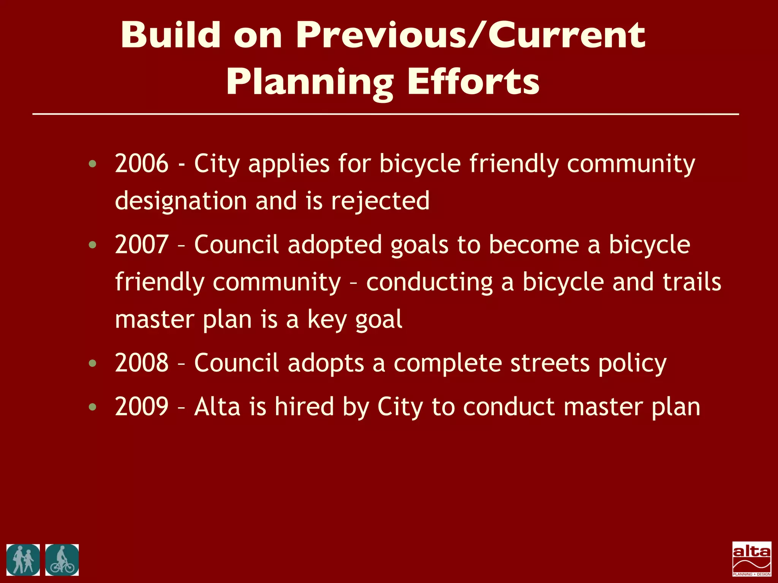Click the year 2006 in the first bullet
tap(141, 164)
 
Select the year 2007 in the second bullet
tap(141, 245)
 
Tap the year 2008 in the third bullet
tap(141, 363)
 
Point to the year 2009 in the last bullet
tap(141, 407)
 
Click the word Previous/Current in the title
tap(470, 35)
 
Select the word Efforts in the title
tap(473, 82)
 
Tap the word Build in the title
tap(171, 35)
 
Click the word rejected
tap(380, 201)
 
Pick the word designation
tap(181, 201)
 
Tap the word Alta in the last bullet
tap(217, 407)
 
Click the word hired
tap(304, 407)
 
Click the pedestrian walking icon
tap(23, 560)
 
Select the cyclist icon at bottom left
tap(62, 560)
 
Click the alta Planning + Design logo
tap(751, 559)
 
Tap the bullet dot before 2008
tap(92, 364)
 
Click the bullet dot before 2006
tap(92, 164)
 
